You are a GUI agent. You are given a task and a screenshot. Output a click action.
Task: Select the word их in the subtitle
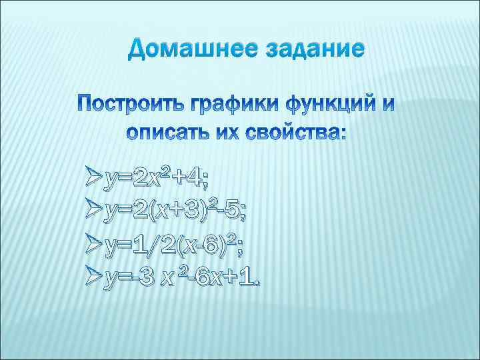[x=229, y=132]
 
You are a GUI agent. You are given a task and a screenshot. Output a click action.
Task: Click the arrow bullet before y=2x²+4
[x=94, y=178]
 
